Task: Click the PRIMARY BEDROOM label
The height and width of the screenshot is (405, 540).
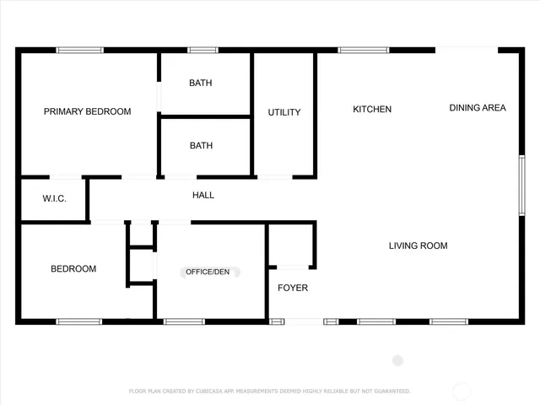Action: pos(88,111)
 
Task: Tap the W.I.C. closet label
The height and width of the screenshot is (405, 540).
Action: pos(42,198)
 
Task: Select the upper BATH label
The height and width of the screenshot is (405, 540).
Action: pos(201,83)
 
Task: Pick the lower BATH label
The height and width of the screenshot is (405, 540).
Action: pos(201,145)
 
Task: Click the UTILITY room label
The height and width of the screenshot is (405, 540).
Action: pos(284,112)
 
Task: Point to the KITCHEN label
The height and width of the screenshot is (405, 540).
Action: pos(372,109)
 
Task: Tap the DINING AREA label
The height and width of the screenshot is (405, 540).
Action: pos(478,107)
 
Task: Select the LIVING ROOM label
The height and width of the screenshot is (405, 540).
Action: pos(418,246)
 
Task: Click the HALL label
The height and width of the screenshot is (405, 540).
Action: pos(203,195)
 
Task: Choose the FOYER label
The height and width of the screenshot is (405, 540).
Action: pos(293,288)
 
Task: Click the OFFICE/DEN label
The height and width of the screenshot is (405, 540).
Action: pos(208,272)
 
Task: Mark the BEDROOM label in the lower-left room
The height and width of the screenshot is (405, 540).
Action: pos(73,269)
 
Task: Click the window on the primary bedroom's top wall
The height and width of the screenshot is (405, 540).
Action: pos(80,50)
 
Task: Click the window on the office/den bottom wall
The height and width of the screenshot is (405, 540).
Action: pos(184,321)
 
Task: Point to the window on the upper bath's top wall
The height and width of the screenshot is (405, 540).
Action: pos(202,50)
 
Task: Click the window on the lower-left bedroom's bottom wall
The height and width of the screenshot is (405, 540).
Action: pos(79,321)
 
